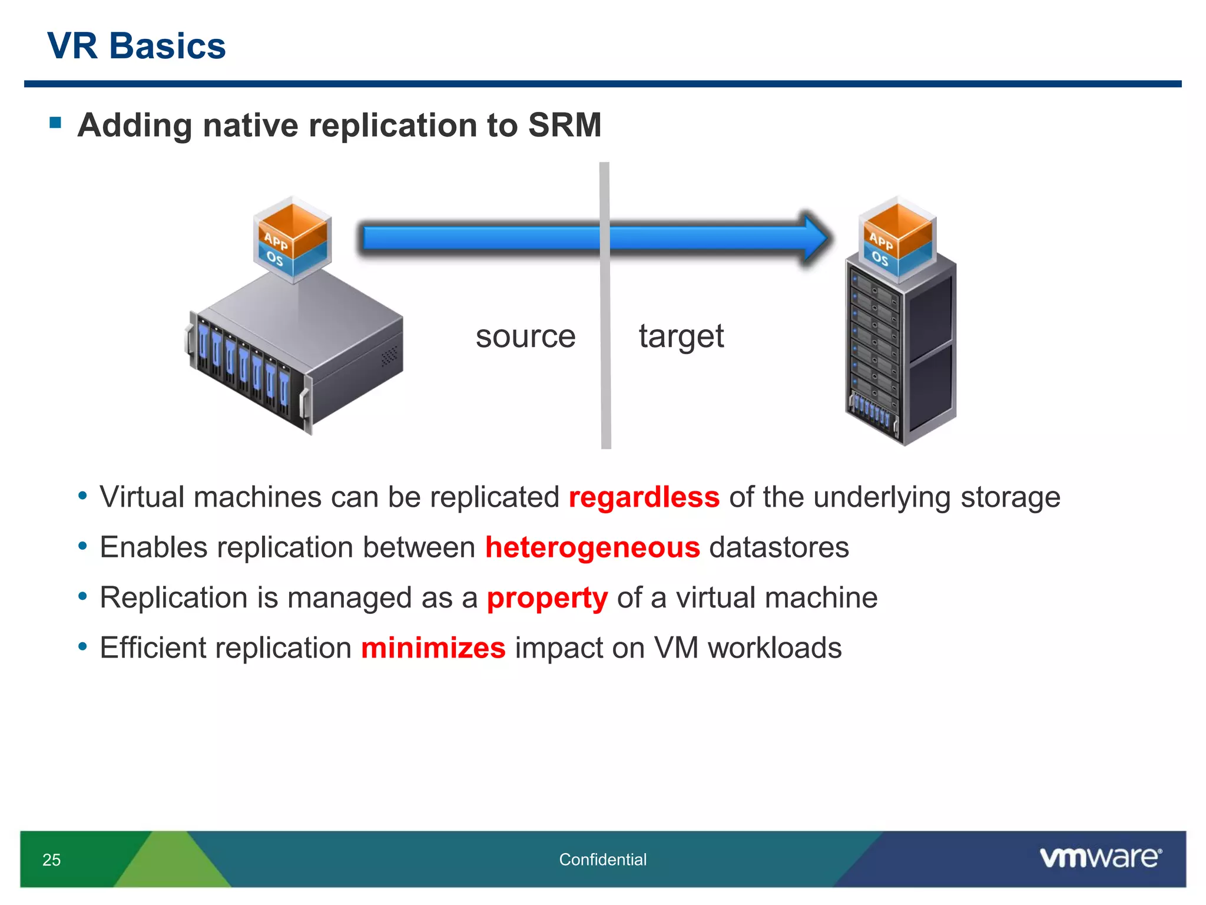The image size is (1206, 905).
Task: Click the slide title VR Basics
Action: click(x=136, y=46)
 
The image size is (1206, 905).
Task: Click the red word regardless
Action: click(x=644, y=497)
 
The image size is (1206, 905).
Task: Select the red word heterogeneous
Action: click(x=592, y=547)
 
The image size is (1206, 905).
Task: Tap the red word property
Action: click(x=547, y=598)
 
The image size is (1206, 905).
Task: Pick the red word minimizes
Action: click(x=433, y=648)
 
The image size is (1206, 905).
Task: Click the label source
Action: click(x=525, y=336)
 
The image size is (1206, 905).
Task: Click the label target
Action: click(x=681, y=336)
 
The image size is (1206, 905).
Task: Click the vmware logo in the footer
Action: click(x=1100, y=857)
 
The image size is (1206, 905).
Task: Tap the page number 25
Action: click(x=52, y=860)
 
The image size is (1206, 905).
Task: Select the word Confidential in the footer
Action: click(x=602, y=860)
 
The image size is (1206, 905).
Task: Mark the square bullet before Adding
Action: click(x=56, y=123)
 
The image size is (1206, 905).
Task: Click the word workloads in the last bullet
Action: click(x=774, y=648)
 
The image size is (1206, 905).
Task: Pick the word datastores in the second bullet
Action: click(x=778, y=547)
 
